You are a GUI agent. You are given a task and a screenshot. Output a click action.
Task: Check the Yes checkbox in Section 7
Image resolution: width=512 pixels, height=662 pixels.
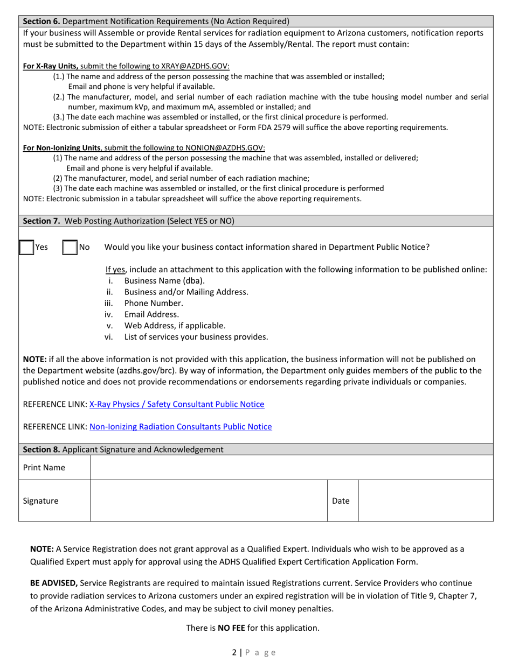(26, 248)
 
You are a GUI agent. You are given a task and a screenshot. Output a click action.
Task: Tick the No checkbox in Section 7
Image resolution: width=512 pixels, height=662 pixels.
(70, 248)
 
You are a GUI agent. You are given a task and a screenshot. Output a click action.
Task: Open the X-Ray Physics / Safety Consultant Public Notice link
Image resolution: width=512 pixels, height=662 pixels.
(177, 404)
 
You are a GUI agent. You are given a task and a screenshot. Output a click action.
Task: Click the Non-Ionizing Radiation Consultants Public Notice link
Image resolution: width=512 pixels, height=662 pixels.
(181, 427)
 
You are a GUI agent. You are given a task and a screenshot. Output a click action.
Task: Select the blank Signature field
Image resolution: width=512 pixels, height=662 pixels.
(209, 501)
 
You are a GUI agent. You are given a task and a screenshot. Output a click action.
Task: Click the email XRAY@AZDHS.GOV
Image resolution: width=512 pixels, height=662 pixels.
(195, 66)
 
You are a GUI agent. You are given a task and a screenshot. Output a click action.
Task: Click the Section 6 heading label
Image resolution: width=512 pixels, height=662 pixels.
(42, 22)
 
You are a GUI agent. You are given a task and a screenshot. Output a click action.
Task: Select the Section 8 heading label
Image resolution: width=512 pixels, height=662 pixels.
(42, 449)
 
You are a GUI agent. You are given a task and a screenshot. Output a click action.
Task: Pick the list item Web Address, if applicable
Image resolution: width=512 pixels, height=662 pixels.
(175, 326)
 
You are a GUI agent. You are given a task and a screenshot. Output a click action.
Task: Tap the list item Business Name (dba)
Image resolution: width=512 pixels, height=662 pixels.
(164, 280)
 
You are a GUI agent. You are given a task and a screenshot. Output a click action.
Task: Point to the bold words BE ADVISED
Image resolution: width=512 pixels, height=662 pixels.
(54, 583)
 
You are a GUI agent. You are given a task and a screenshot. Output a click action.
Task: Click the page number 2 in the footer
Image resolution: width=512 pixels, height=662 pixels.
(234, 652)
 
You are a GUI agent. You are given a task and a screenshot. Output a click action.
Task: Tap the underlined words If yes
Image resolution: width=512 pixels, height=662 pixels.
(115, 270)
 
